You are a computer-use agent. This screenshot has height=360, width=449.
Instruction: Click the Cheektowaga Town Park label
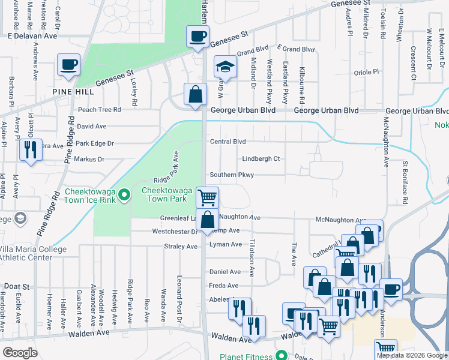pos(166,194)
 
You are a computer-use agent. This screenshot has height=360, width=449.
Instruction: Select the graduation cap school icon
pos(226,67)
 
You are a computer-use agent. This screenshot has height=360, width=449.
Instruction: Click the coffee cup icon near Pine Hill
pos(68,65)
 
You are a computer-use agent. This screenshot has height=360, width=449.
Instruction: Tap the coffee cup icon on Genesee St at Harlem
pos(197,37)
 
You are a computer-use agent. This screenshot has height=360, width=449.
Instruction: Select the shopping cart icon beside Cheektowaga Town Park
pos(207,197)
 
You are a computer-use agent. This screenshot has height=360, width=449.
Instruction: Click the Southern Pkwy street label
pos(232,175)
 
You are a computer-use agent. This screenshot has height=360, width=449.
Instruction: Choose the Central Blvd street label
pos(228,142)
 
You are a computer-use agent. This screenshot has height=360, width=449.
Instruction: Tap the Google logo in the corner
pos(20,353)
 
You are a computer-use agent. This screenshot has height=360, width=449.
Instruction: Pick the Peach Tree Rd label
pos(99,110)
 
